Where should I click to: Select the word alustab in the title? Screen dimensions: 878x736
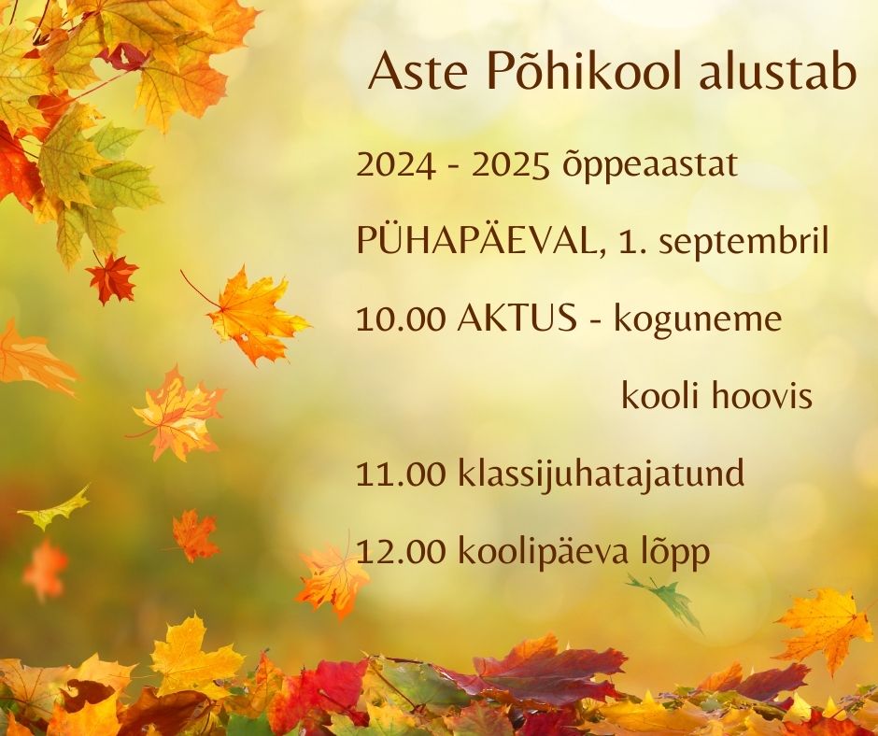point(778,71)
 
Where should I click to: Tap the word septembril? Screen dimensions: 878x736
point(743,243)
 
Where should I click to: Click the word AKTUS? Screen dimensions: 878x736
point(517,318)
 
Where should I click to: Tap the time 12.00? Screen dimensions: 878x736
point(401,552)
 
